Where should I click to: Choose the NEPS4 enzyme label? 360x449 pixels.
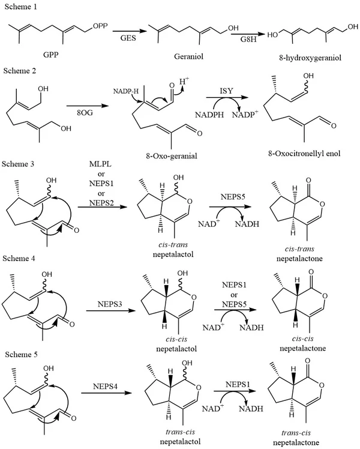click(x=107, y=394)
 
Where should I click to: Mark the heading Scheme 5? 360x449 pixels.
click(x=20, y=352)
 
